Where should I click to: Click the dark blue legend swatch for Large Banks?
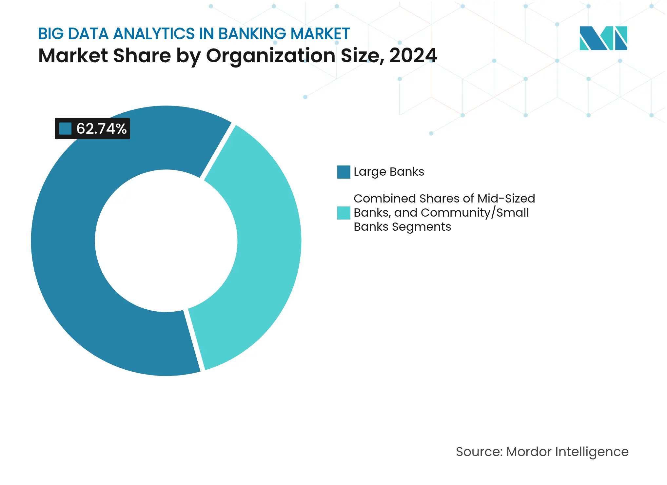(x=343, y=172)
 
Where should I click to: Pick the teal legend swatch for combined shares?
(x=343, y=213)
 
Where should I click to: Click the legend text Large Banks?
(x=389, y=172)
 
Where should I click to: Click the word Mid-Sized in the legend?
(x=506, y=199)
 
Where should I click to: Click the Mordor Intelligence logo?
(x=603, y=38)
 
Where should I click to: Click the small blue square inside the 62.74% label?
(x=65, y=128)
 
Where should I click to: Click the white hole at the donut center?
(x=166, y=241)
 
